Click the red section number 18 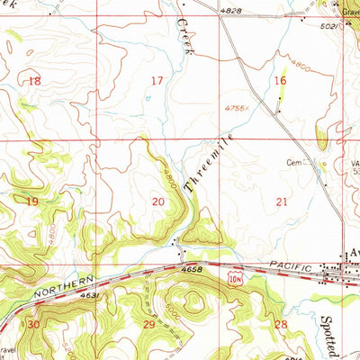coord(34,81)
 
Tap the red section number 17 coord(157,81)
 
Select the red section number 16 coord(280,81)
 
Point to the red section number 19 coord(32,202)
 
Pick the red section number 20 coord(158,202)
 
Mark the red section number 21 coord(282,202)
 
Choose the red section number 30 coord(33,323)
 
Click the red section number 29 coord(149,323)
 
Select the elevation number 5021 coord(331,28)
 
